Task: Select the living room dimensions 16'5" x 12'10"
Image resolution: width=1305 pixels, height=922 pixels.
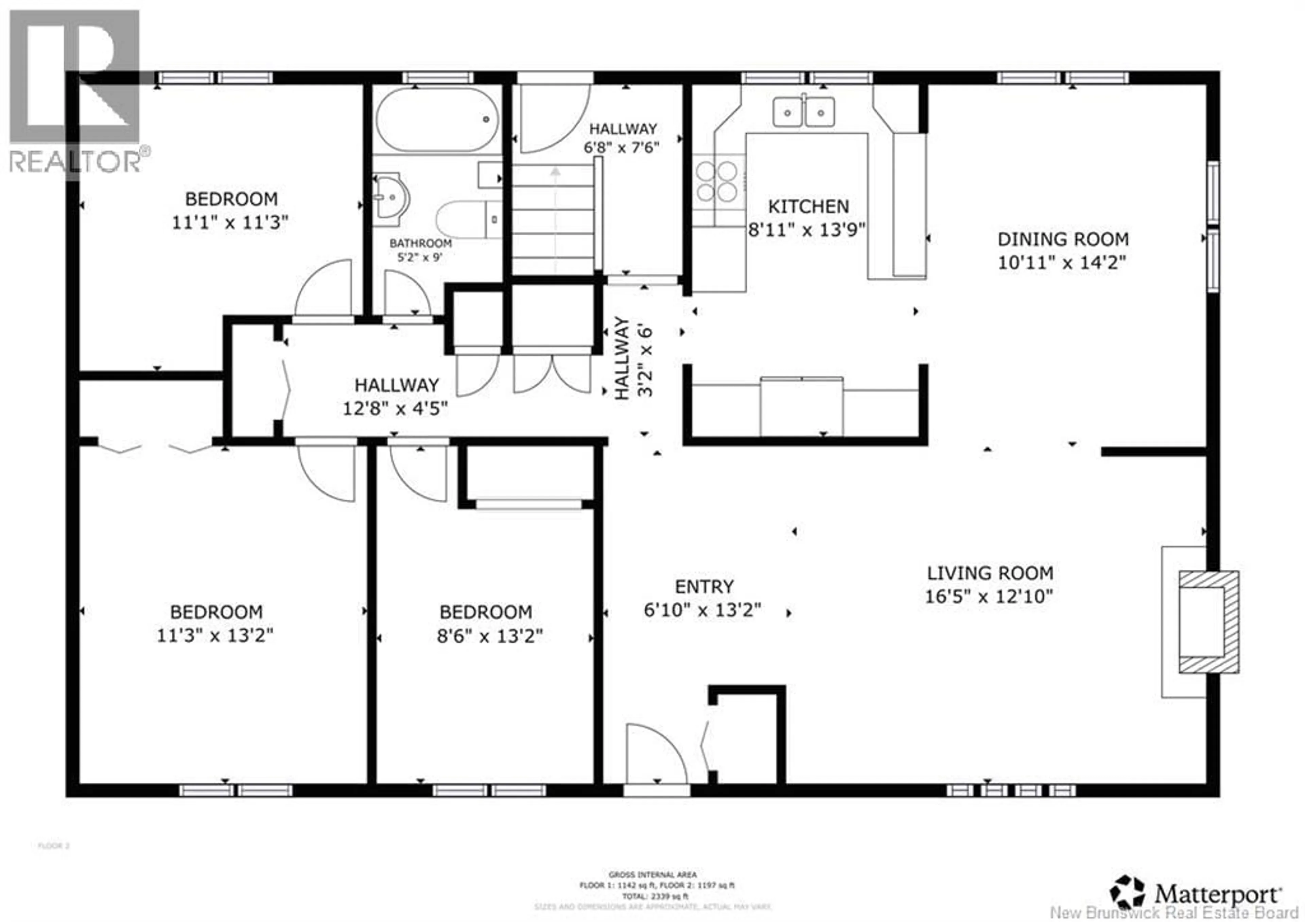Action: pyautogui.click(x=989, y=596)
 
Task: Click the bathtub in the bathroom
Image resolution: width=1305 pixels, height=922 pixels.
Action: pyautogui.click(x=436, y=119)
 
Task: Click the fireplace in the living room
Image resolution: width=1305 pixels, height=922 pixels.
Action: pyautogui.click(x=1208, y=622)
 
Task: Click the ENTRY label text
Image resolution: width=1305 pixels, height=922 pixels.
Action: pyautogui.click(x=704, y=586)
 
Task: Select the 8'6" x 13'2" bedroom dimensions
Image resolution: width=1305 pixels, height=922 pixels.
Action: pyautogui.click(x=489, y=635)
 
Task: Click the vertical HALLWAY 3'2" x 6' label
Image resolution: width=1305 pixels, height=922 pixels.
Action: pyautogui.click(x=632, y=358)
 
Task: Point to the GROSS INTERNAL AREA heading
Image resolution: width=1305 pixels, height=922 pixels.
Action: pyautogui.click(x=652, y=875)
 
